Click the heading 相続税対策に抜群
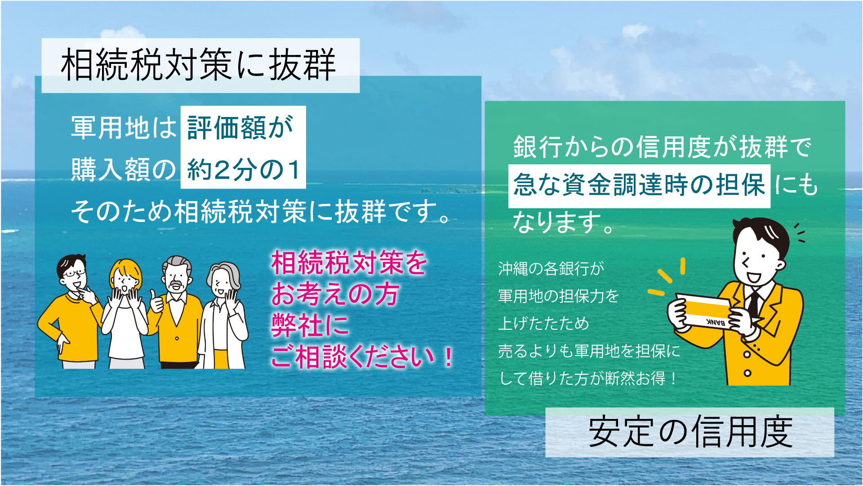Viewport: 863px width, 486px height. point(199,66)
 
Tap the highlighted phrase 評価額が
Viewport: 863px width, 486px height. point(241,128)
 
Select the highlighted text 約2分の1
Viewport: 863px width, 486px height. point(243,170)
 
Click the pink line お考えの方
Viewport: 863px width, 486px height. point(335,295)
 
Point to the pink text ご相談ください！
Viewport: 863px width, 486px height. point(362,358)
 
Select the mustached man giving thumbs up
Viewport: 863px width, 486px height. point(177,310)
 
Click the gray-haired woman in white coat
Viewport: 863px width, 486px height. point(223,315)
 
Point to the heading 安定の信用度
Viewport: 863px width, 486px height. point(690,432)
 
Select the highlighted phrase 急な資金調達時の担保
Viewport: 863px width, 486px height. point(639,185)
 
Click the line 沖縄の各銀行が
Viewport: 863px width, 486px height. point(551,269)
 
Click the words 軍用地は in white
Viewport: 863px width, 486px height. point(124,128)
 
